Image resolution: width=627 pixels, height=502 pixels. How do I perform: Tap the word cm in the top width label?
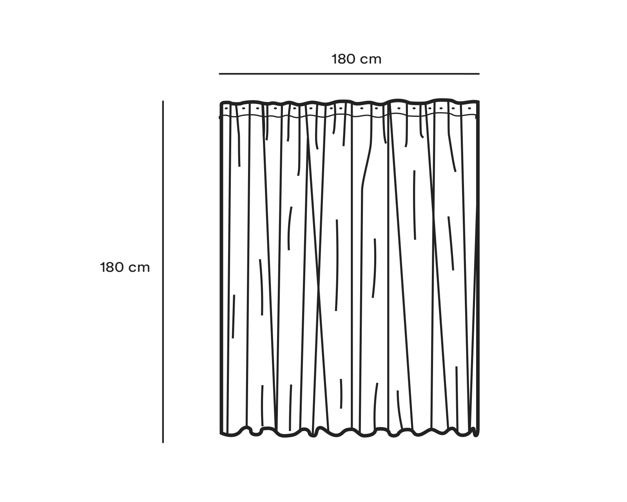click(371, 59)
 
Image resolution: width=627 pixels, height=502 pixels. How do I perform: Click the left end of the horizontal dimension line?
click(219, 74)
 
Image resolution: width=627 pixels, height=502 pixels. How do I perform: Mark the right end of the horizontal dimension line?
click(479, 74)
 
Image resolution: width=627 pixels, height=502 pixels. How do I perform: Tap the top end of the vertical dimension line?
click(163, 102)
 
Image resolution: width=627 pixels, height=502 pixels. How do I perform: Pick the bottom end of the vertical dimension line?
click(163, 442)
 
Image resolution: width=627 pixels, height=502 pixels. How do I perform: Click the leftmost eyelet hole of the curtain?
click(227, 107)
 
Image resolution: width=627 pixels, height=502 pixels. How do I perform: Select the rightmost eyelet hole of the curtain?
click(469, 108)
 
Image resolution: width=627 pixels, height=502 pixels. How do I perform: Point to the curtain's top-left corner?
click(221, 102)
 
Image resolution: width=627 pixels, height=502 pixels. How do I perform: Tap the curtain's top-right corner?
click(478, 102)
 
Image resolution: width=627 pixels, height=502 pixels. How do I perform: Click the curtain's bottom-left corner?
click(221, 433)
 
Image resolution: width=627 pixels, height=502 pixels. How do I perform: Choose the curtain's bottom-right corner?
click(478, 435)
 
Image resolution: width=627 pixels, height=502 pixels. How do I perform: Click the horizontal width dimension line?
click(349, 74)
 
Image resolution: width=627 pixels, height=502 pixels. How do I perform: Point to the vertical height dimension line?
click(163, 314)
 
